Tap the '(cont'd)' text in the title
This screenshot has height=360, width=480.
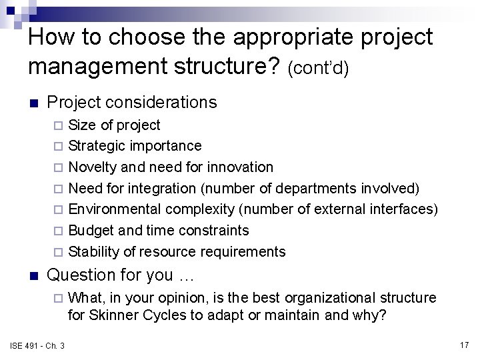click(319, 68)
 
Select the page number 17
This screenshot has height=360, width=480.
click(464, 345)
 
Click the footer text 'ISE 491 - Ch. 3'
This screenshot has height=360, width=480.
click(38, 345)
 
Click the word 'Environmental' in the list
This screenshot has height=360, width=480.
click(115, 209)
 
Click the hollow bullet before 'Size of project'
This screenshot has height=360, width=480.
click(59, 125)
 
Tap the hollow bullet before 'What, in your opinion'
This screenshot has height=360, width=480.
click(59, 298)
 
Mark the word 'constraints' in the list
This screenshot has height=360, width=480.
click(213, 231)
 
